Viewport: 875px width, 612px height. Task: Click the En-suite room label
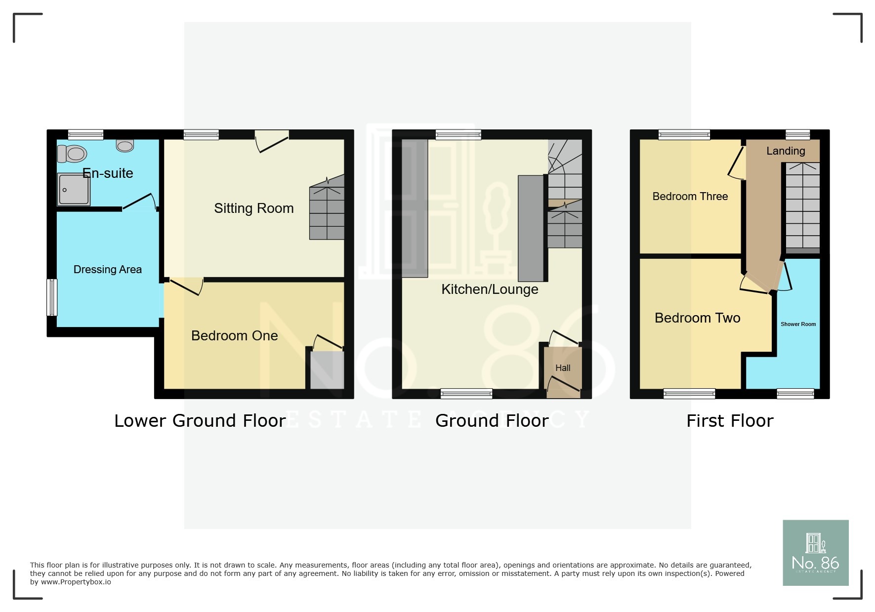tap(108, 173)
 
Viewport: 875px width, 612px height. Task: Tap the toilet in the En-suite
tap(72, 154)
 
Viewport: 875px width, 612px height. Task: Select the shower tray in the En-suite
tap(74, 189)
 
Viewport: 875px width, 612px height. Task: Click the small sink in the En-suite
tap(125, 145)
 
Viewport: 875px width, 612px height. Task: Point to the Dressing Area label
tap(108, 269)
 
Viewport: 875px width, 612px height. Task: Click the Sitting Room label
tap(254, 208)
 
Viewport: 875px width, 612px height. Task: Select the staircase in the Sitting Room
tap(327, 207)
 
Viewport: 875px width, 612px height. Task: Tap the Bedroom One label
tap(235, 336)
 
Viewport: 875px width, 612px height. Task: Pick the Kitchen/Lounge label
tap(490, 289)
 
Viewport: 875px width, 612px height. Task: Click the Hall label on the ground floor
tap(563, 368)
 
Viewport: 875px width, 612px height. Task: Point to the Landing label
tap(786, 151)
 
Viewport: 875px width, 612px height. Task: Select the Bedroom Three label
tap(690, 197)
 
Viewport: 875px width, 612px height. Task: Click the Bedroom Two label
tap(698, 318)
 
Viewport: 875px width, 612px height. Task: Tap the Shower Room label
tap(798, 325)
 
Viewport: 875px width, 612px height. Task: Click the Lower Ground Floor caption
tap(200, 421)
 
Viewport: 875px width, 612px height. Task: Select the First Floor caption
tap(730, 421)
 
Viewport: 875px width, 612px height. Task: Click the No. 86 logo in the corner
tap(816, 553)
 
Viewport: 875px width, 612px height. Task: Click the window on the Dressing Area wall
tap(52, 297)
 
